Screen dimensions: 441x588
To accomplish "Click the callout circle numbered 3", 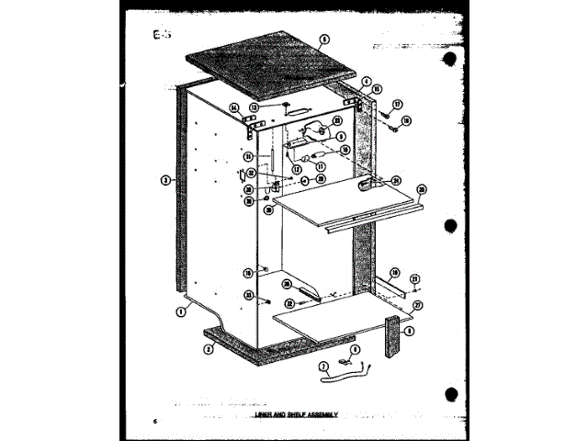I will [x=163, y=180].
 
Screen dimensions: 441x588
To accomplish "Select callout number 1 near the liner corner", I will [x=181, y=311].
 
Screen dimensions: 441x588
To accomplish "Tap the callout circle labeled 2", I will [x=209, y=348].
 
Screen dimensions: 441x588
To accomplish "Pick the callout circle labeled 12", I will [x=297, y=168].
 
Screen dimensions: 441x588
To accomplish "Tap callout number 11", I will [x=321, y=167].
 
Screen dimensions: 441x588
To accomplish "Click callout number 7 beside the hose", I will [x=322, y=367].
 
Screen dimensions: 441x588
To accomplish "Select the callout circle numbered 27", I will [x=417, y=305].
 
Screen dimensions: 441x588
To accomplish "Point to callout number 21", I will [x=249, y=294].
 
